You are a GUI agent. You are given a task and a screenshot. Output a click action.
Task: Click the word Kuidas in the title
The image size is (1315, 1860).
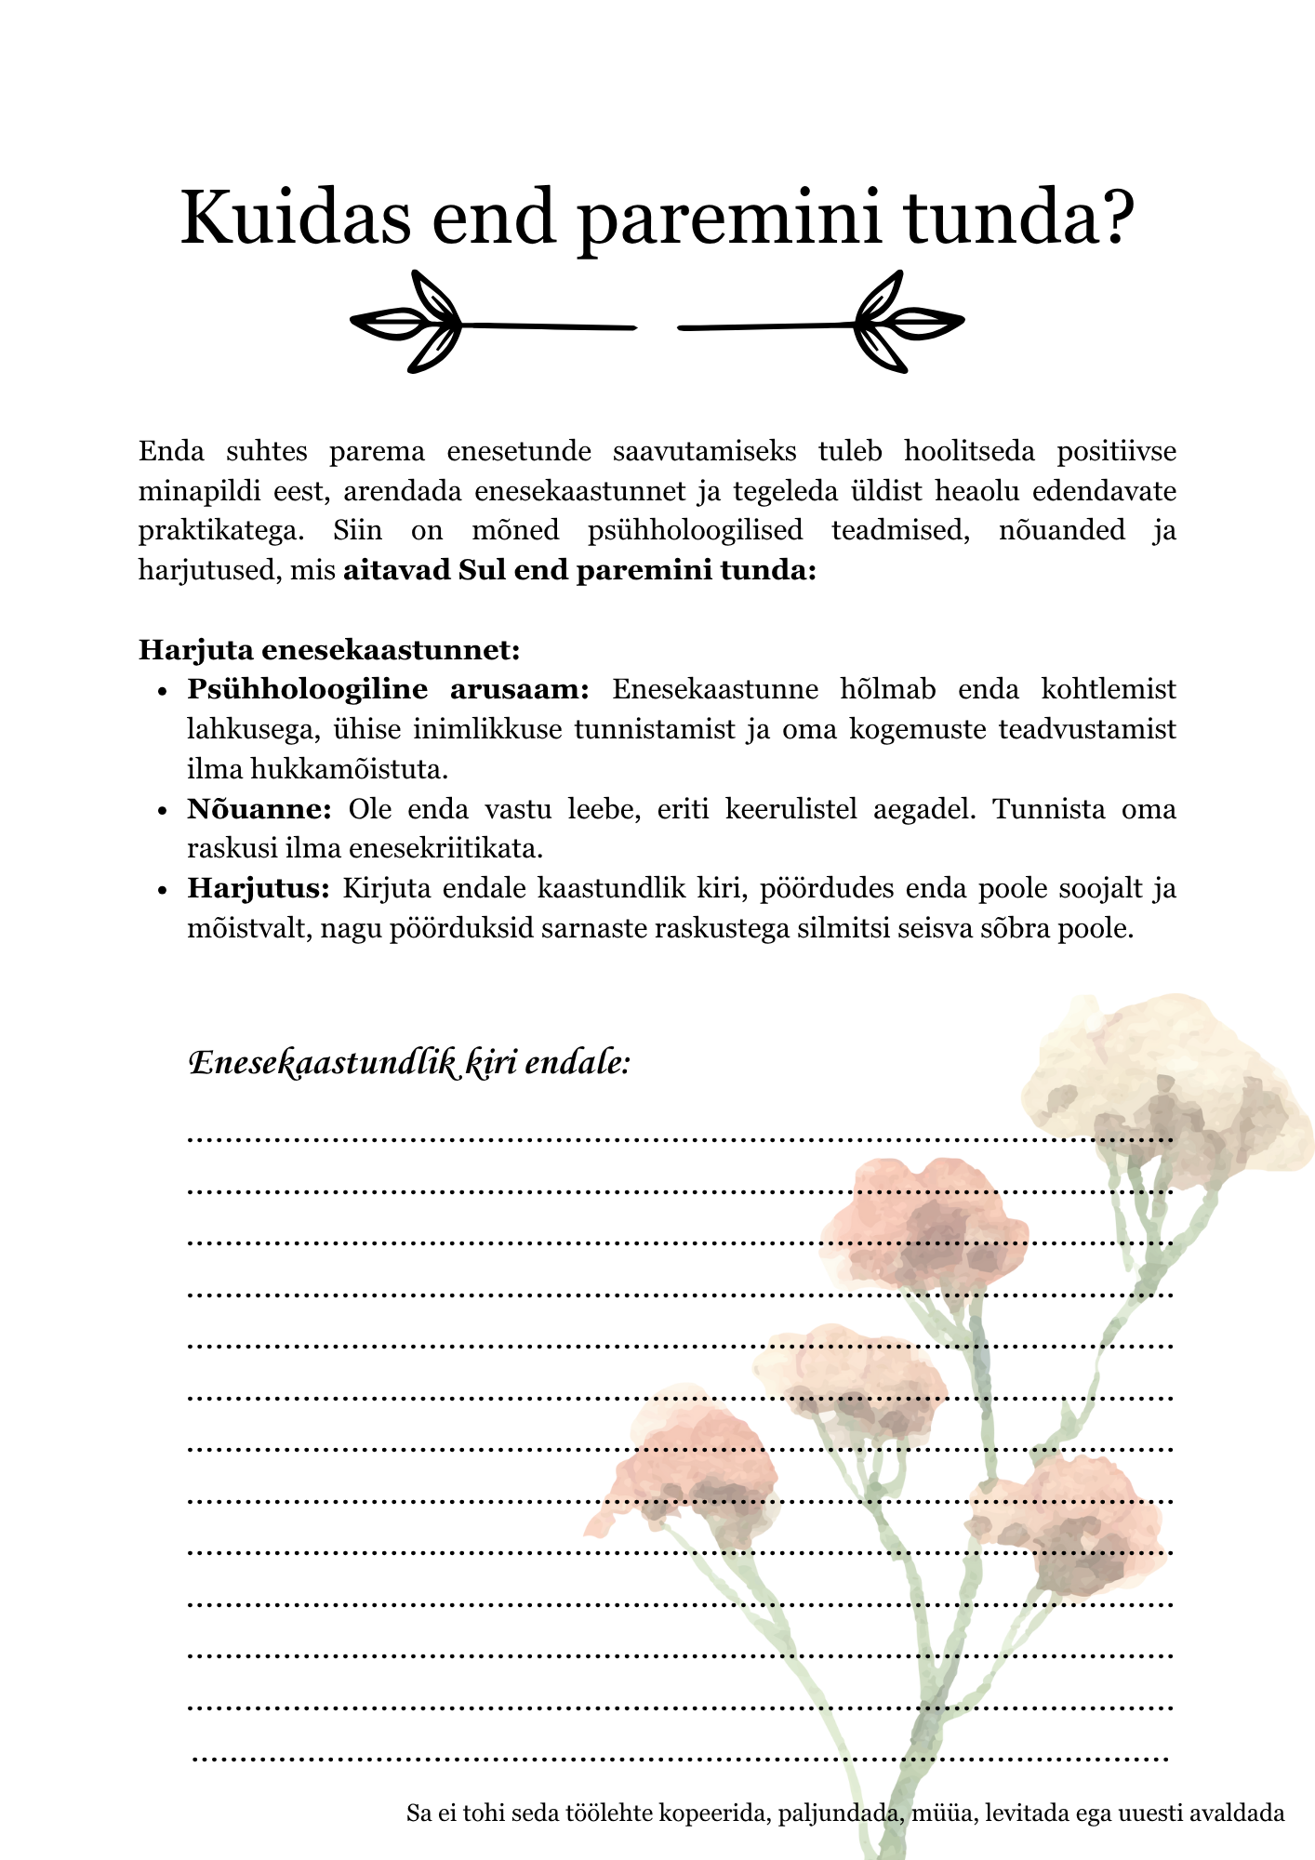tap(295, 218)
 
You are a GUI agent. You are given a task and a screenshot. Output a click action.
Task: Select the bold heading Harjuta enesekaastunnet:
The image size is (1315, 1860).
tap(329, 649)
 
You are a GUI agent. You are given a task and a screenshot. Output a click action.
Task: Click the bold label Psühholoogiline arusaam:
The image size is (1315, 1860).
tap(388, 689)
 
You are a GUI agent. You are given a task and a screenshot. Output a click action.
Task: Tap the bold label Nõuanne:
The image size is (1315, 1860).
tap(259, 809)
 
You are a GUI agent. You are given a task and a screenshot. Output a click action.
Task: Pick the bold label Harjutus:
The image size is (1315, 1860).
tap(259, 888)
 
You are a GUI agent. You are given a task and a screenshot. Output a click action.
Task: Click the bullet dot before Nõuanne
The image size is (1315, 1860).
tap(162, 811)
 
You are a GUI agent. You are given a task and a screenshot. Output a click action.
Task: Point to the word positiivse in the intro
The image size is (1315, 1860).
tap(1116, 452)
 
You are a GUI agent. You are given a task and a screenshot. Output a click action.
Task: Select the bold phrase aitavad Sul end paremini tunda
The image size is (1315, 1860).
tap(579, 570)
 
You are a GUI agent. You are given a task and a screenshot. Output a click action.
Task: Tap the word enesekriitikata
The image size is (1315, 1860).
tap(445, 848)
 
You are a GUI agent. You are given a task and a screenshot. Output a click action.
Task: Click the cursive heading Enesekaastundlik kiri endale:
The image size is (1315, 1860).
tap(409, 1062)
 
